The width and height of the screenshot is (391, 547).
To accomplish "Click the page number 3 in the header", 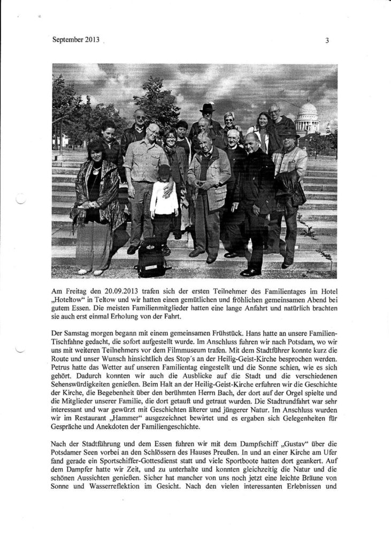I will click(x=326, y=40).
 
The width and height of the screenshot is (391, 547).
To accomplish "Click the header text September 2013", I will click(x=76, y=40).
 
